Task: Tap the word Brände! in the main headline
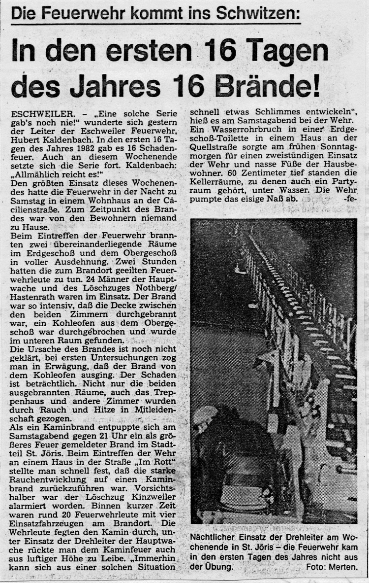click(x=271, y=87)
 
